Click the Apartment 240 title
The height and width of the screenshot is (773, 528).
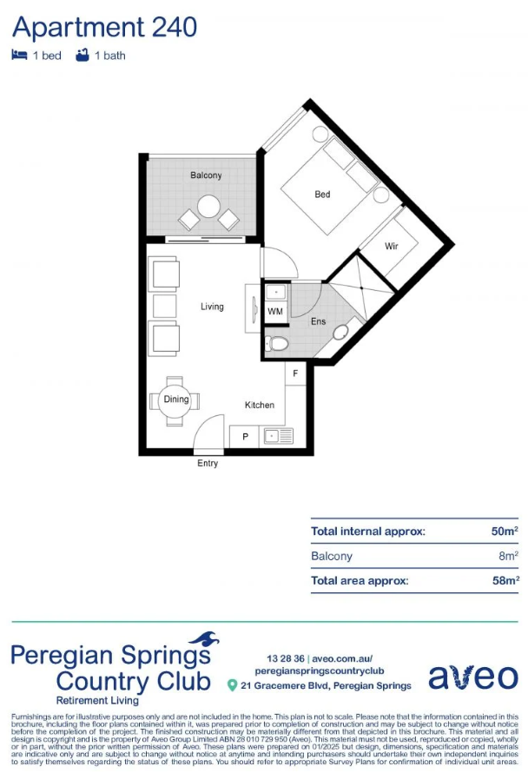(104, 28)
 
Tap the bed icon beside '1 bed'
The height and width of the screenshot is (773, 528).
(19, 55)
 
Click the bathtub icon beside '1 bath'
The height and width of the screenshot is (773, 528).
(82, 55)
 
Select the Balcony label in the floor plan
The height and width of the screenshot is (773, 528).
(206, 175)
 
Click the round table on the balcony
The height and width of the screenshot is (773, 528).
(208, 207)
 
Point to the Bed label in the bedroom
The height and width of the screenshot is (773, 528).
(322, 195)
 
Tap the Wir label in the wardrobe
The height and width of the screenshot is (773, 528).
(392, 246)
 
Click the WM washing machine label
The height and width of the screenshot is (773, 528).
(275, 311)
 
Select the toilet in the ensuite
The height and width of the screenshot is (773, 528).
(276, 343)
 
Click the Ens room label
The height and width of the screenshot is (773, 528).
(318, 321)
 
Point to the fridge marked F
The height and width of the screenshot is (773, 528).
(295, 373)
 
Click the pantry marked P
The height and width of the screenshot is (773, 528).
(245, 436)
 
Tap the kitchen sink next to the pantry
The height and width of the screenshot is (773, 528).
(279, 436)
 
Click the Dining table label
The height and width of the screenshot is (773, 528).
(176, 400)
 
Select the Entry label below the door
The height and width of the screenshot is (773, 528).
(208, 464)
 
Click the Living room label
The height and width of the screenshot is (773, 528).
(212, 307)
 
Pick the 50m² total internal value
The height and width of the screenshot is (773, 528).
(505, 531)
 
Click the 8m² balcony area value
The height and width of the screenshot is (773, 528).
(508, 556)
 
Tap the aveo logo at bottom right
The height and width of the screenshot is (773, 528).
(473, 677)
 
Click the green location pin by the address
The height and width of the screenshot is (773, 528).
(232, 685)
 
